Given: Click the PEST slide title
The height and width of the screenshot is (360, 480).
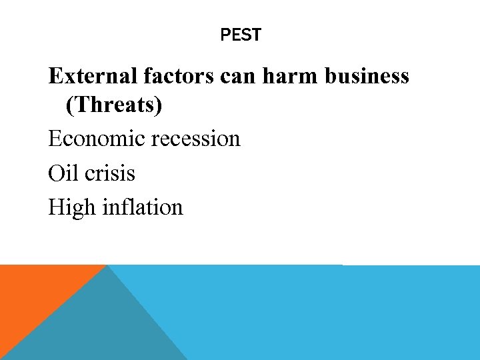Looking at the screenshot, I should point(241,35).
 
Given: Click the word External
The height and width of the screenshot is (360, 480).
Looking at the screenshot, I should point(93,77).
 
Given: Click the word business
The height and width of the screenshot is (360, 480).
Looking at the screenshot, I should point(367,77).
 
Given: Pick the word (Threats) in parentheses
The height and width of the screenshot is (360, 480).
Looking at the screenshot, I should point(114,105).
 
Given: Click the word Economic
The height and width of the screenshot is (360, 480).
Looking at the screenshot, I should point(96,139).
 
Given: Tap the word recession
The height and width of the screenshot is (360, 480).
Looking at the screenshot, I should point(196,139).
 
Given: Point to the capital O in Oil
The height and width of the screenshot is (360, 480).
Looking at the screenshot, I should point(55,173).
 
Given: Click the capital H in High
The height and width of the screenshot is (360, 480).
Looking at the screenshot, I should point(56,207).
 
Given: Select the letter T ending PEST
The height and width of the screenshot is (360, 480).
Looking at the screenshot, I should point(257,35).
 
